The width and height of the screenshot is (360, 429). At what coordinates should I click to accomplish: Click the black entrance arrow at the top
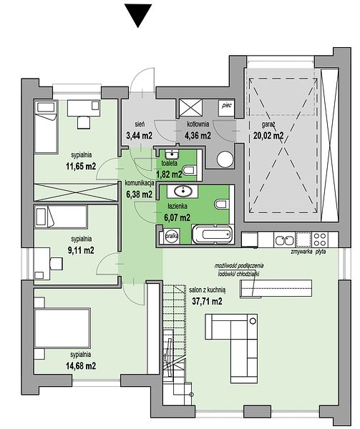pos(138,15)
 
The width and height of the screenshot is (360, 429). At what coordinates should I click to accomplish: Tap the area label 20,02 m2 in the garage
pos(268,135)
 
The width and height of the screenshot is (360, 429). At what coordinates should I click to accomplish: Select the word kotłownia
pos(198,124)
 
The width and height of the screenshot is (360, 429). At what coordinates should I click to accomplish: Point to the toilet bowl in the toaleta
pos(190,170)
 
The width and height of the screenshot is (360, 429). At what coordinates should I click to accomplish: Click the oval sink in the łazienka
pos(183,191)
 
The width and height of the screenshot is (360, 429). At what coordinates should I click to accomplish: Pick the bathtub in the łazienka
pos(213,234)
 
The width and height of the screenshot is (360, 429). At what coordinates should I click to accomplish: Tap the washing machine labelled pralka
pos(172,235)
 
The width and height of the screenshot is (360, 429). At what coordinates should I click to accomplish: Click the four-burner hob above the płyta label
pos(320,240)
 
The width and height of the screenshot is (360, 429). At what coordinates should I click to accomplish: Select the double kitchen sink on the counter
pos(284,240)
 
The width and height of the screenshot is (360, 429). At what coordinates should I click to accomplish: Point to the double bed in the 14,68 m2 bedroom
pos(62,328)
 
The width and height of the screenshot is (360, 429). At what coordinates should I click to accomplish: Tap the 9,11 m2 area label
pos(81,250)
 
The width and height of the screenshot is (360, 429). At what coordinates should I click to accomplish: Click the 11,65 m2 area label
pos(81,166)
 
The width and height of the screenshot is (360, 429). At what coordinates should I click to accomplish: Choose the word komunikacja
pos(140,183)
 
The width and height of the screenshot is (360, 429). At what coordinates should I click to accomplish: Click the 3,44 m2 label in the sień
pos(139,135)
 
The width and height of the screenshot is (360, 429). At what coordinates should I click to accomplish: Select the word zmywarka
pos(302,252)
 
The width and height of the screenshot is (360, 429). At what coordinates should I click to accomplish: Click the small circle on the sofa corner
pos(253,320)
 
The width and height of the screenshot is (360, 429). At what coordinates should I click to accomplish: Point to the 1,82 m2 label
pos(169,174)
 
